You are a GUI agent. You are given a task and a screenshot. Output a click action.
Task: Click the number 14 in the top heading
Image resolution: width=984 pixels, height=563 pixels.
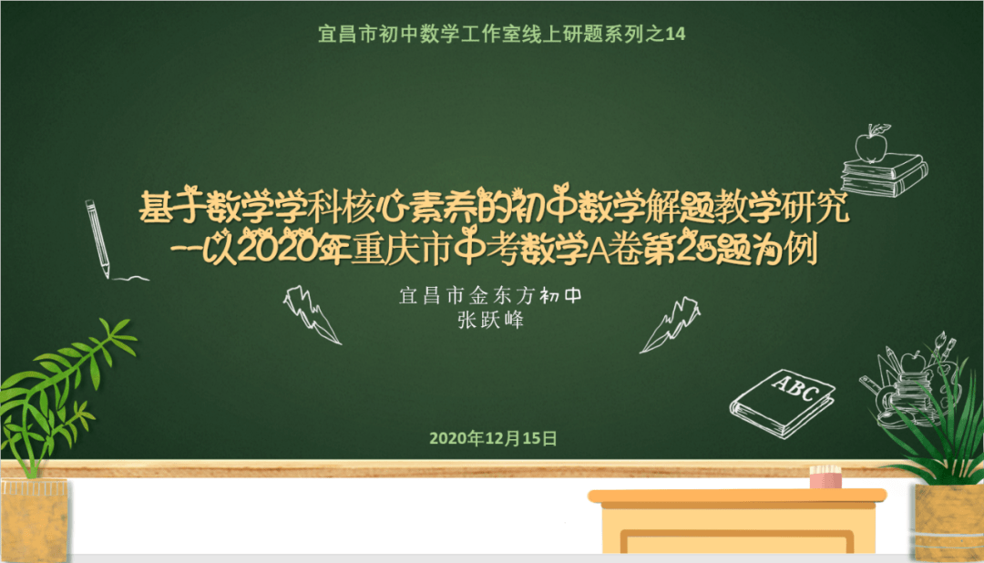pos(675,35)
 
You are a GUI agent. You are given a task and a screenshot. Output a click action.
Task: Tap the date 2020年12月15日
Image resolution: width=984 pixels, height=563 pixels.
pos(492,438)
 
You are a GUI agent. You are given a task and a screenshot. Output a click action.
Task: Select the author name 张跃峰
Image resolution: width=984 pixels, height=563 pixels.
pos(492,321)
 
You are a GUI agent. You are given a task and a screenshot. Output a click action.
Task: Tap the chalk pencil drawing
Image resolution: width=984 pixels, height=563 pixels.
pos(97,237)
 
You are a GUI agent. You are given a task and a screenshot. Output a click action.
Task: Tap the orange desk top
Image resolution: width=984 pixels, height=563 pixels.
pos(736,496)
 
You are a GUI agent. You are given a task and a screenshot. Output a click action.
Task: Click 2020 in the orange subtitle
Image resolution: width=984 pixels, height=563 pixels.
pos(265,248)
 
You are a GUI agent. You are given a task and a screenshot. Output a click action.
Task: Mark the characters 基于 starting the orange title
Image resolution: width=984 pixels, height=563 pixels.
pos(170,208)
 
